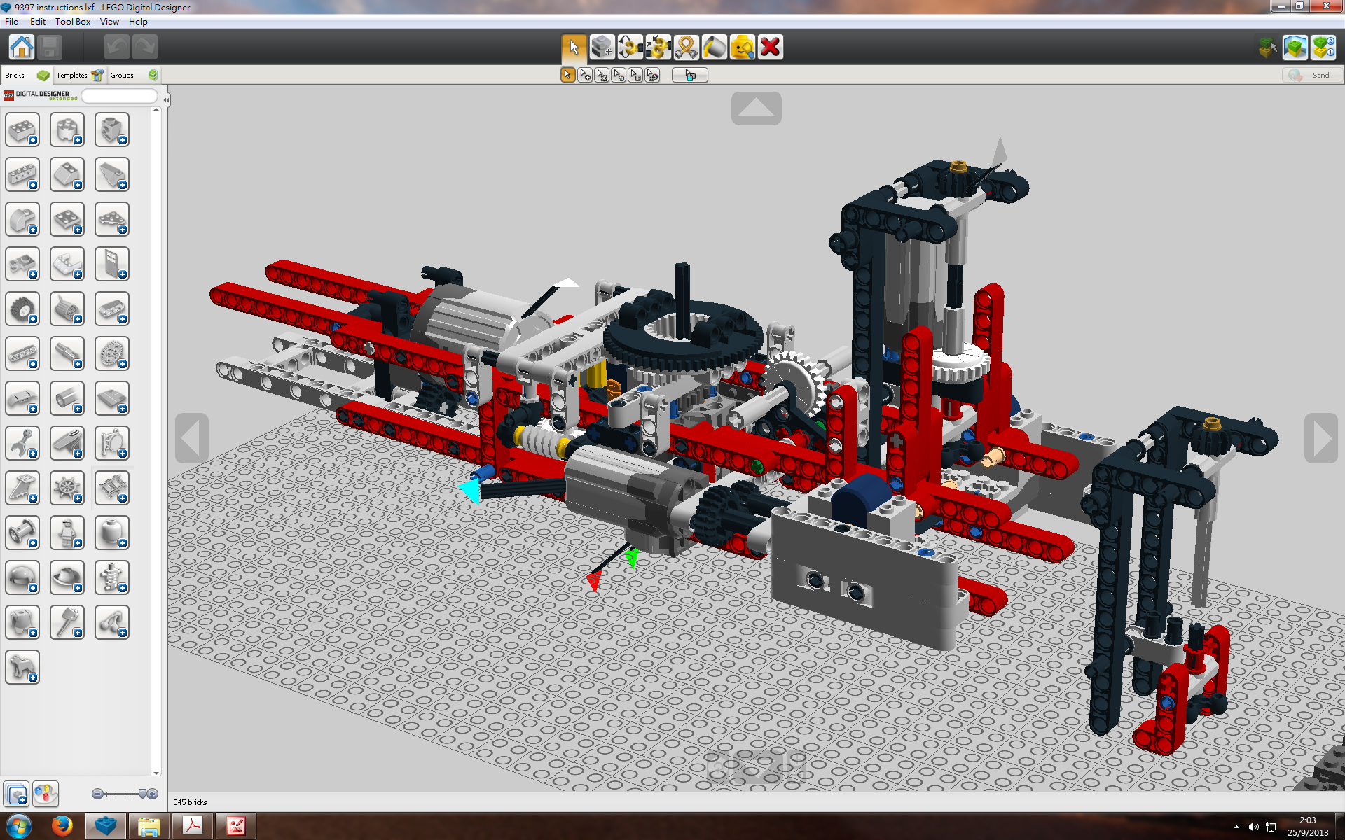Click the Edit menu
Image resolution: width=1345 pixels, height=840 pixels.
click(x=38, y=22)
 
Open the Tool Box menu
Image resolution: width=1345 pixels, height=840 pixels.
click(x=73, y=22)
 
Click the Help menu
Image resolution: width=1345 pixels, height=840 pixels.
click(x=138, y=22)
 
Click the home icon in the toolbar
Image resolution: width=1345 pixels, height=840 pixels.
click(x=21, y=48)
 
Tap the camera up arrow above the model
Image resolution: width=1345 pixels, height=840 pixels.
click(x=756, y=108)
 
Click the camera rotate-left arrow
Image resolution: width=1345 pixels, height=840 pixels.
click(x=191, y=438)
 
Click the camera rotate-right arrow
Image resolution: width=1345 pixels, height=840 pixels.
click(x=1321, y=438)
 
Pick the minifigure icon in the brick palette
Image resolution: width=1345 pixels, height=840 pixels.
click(x=67, y=533)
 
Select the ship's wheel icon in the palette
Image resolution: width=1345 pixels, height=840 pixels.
click(x=67, y=488)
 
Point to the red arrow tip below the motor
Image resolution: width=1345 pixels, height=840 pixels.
click(x=594, y=581)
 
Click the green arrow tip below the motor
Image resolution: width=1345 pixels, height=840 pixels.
click(x=633, y=558)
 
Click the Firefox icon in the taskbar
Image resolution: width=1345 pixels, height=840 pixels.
click(x=62, y=826)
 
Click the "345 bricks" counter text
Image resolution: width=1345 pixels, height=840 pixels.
click(x=190, y=802)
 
